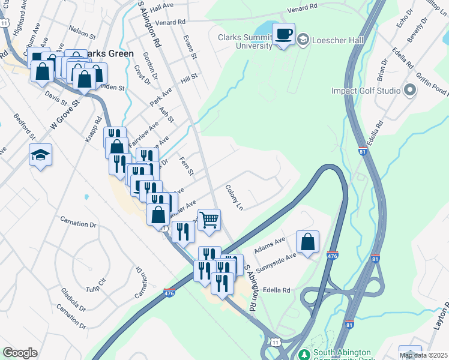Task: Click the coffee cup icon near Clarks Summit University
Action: (284, 34)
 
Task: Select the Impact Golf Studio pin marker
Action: (410, 91)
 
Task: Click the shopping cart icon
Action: (208, 219)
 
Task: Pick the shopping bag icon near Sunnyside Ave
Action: (307, 242)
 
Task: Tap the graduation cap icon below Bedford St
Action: (40, 155)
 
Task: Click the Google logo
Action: (20, 353)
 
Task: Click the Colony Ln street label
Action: (235, 197)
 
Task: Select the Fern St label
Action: (187, 167)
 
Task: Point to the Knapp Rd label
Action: (95, 128)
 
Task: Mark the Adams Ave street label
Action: (270, 244)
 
